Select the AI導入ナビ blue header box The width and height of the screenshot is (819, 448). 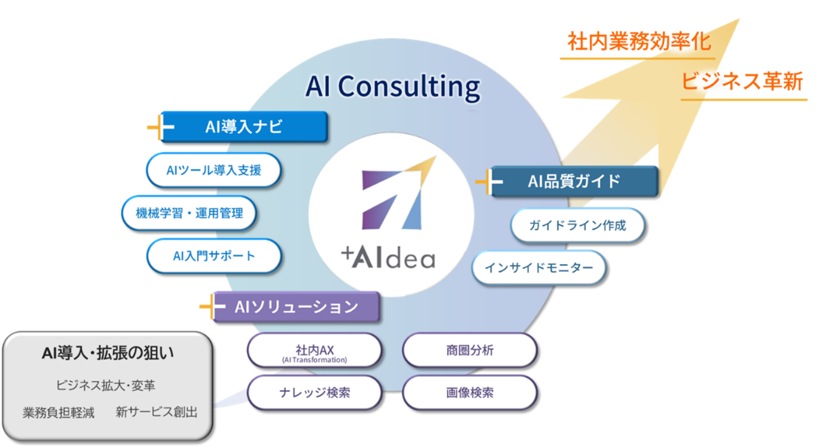click(244, 127)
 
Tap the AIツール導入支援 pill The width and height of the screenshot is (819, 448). click(214, 170)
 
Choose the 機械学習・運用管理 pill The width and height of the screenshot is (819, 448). click(189, 213)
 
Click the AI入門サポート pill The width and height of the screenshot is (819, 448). click(214, 256)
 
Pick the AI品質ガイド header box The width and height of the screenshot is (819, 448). click(574, 181)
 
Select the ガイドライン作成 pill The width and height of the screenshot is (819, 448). click(577, 225)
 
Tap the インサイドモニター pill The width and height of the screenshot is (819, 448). click(539, 268)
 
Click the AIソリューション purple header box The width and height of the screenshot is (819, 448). click(296, 307)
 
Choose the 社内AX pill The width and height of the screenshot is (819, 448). click(315, 351)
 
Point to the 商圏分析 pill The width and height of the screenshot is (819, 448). click(470, 350)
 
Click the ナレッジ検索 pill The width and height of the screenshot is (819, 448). click(315, 392)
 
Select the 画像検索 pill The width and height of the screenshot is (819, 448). click(470, 392)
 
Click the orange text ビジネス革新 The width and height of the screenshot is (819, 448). click(743, 82)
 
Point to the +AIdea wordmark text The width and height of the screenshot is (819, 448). click(388, 258)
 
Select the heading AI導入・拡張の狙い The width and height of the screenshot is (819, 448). click(108, 353)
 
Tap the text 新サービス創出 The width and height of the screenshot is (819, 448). click(157, 412)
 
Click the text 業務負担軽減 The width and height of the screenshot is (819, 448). click(59, 412)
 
